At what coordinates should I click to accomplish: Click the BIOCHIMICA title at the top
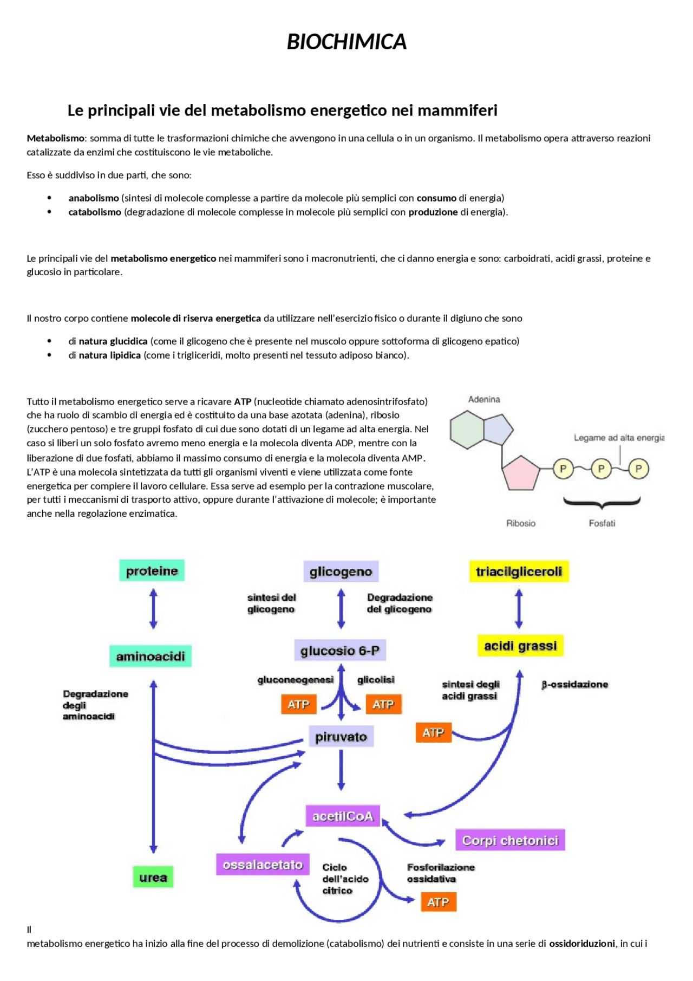pos(346,42)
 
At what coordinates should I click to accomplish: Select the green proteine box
pos(152,571)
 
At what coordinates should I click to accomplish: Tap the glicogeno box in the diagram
pos(341,571)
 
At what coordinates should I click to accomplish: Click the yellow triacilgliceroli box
pos(519,571)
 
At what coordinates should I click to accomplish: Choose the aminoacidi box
pos(151,657)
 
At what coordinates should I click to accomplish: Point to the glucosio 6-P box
pos(340,651)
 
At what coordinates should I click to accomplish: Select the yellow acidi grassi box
pos(520,646)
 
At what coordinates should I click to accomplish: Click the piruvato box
pos(341,737)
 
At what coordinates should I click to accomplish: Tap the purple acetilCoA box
pos(343,816)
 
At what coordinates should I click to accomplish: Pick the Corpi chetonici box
pos(510,840)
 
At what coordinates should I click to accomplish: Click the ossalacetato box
pos(263,865)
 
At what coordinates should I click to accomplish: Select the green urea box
pos(153,878)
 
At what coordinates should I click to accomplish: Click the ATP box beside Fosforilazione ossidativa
pos(438,902)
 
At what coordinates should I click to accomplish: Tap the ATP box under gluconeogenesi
pos(298,704)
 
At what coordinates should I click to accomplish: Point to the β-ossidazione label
pos(574,685)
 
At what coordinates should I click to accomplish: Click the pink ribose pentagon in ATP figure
pos(521,472)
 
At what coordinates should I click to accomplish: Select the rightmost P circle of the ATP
pos(638,469)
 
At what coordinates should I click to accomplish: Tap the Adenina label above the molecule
pos(484,399)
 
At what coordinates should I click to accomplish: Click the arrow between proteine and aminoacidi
pos(153,609)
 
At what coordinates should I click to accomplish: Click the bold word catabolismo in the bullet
pos(95,212)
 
